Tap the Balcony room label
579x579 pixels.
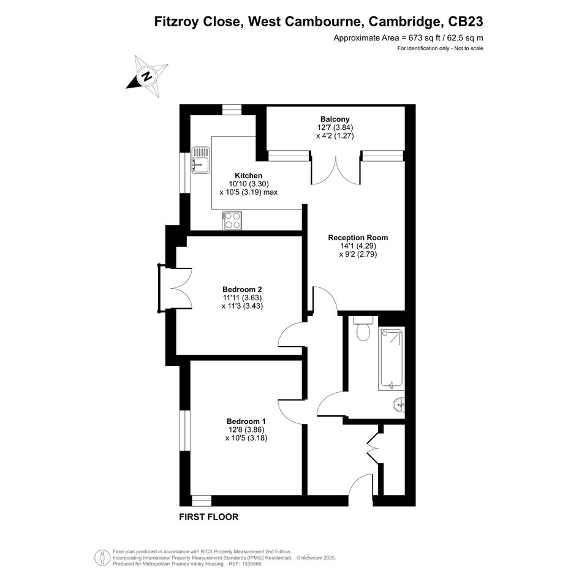(x=335, y=119)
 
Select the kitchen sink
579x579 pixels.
(x=200, y=160)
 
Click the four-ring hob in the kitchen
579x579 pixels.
(x=232, y=220)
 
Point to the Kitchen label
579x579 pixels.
(x=249, y=175)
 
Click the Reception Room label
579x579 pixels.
(x=358, y=238)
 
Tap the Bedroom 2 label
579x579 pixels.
(x=242, y=289)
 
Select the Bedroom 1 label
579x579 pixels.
(x=246, y=421)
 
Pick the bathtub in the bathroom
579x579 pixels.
(x=391, y=358)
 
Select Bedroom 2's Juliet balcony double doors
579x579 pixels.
(x=175, y=287)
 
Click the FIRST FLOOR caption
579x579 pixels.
(x=209, y=517)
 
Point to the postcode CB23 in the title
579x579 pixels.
(x=465, y=21)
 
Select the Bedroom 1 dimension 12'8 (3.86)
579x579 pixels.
(x=246, y=430)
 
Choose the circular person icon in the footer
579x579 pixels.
(x=102, y=558)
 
